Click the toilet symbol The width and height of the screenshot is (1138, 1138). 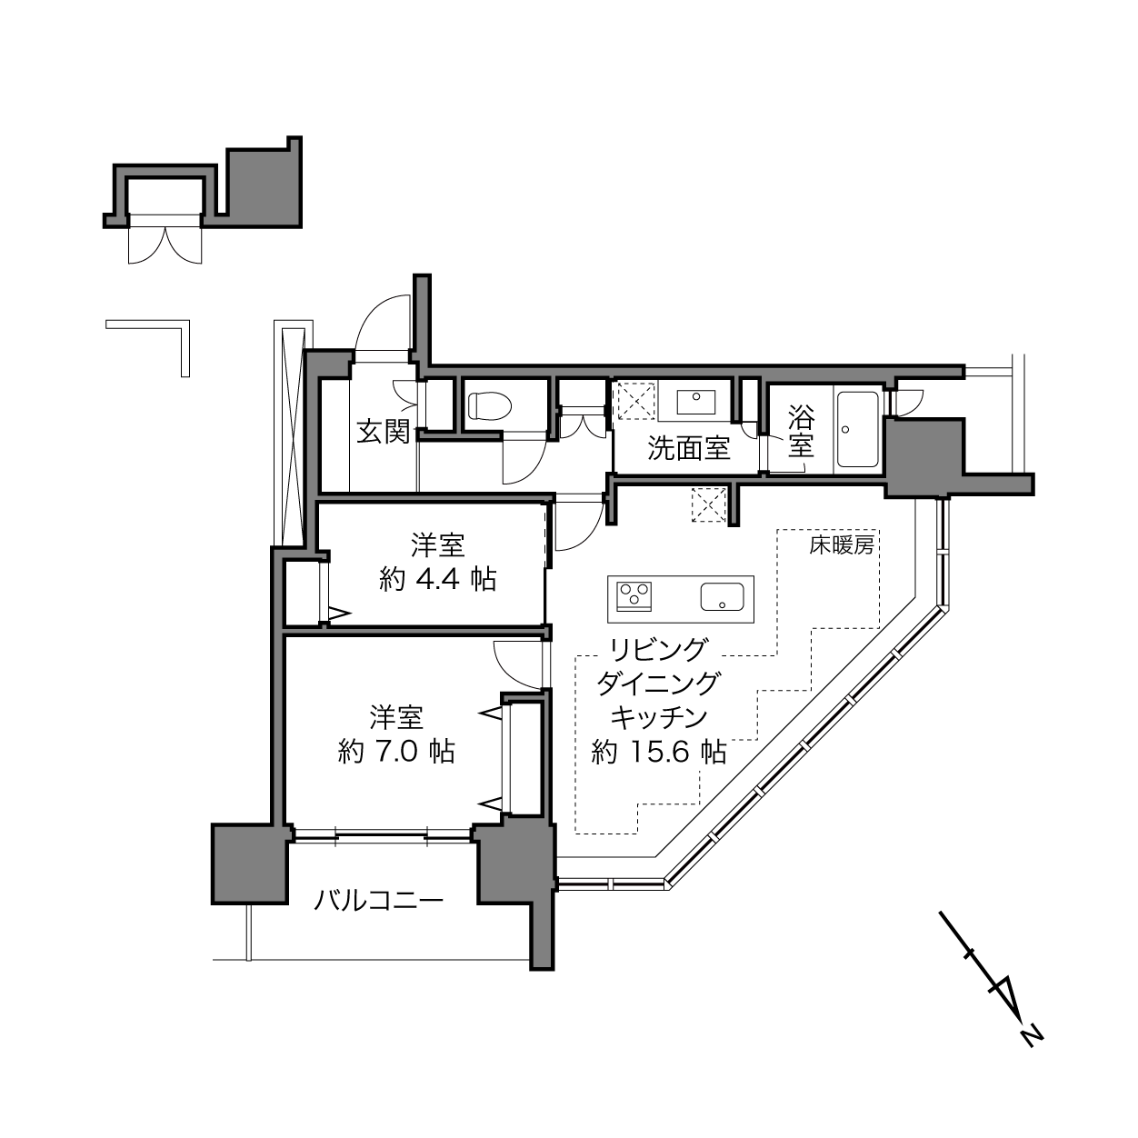(x=490, y=405)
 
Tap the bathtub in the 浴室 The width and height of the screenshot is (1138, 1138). (x=857, y=429)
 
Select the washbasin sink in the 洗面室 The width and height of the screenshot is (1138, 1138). (x=695, y=401)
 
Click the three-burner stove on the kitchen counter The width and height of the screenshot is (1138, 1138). (x=634, y=596)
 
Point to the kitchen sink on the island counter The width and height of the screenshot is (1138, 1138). (x=722, y=596)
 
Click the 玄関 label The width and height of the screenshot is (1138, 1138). (x=384, y=433)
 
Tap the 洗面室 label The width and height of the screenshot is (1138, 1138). (x=689, y=448)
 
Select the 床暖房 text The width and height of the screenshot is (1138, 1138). (x=841, y=544)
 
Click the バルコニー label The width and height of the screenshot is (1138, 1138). (x=378, y=900)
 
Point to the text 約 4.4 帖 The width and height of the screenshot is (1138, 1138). (x=437, y=579)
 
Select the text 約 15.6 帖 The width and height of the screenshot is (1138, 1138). (x=659, y=752)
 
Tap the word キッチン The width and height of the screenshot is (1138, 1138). (x=658, y=717)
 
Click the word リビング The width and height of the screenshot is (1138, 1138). (x=658, y=649)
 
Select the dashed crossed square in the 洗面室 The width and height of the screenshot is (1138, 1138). (x=636, y=401)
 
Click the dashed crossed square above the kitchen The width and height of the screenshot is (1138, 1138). (x=708, y=505)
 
